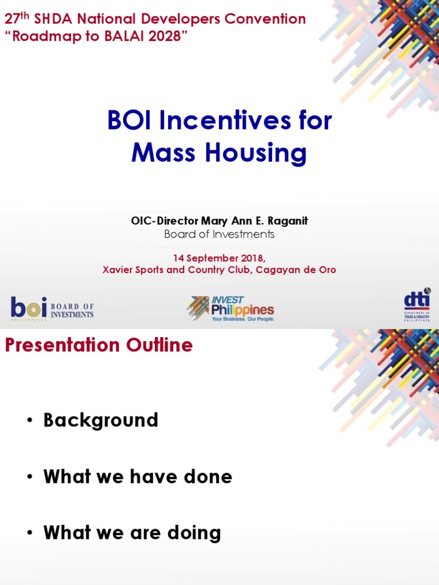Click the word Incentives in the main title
pyautogui.click(x=225, y=120)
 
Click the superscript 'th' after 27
pyautogui.click(x=25, y=15)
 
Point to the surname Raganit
pyautogui.click(x=288, y=221)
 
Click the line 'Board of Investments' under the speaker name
pyautogui.click(x=219, y=234)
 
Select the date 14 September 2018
pyautogui.click(x=219, y=258)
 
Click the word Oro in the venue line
pyautogui.click(x=328, y=270)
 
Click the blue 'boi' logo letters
pyautogui.click(x=29, y=307)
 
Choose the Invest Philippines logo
pyautogui.click(x=230, y=308)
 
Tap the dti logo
pyautogui.click(x=417, y=304)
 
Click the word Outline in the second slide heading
pyautogui.click(x=159, y=344)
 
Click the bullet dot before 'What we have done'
pyautogui.click(x=30, y=476)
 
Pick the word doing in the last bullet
pyautogui.click(x=194, y=533)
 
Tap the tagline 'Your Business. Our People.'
pyautogui.click(x=243, y=319)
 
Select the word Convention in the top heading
pyautogui.click(x=265, y=19)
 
